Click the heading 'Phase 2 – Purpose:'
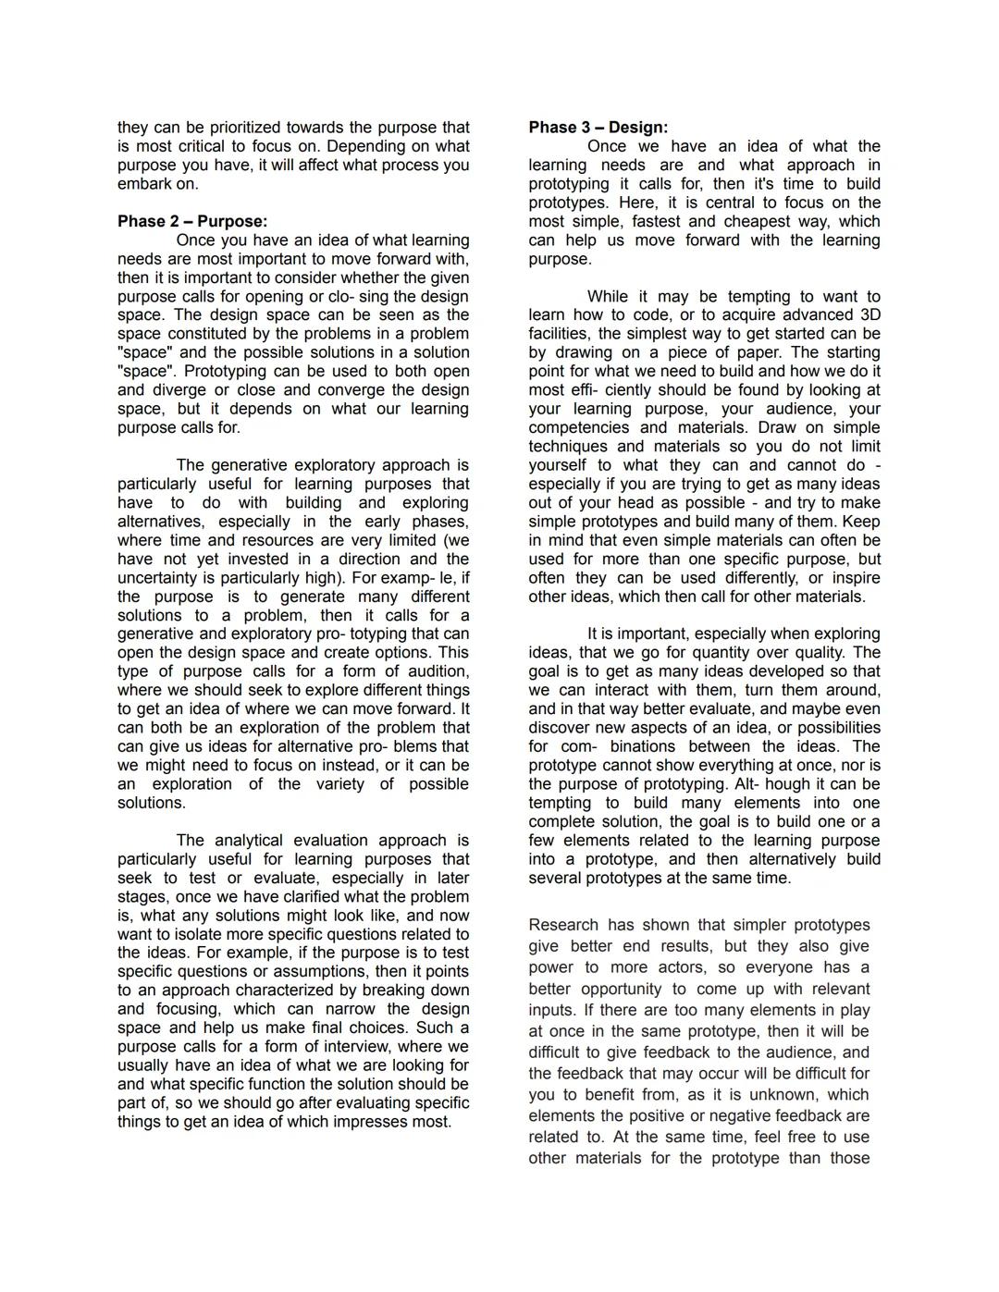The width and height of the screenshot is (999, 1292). (191, 222)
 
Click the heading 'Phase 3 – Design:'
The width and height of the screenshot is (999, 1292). (598, 128)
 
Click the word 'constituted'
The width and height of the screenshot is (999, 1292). (209, 334)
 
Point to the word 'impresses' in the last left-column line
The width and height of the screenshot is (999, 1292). (371, 1122)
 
